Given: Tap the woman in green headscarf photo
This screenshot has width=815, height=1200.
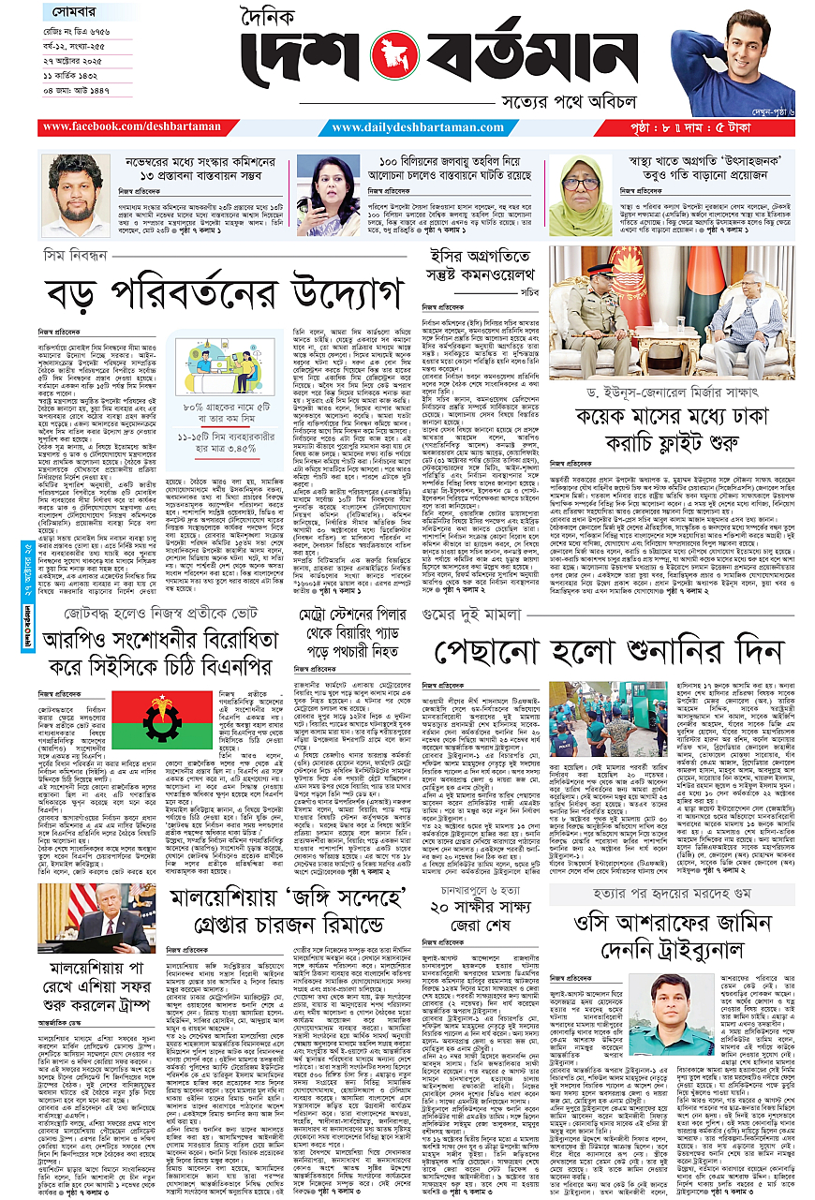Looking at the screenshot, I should point(580,194).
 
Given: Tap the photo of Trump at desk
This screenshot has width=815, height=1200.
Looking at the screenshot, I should point(96,918).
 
